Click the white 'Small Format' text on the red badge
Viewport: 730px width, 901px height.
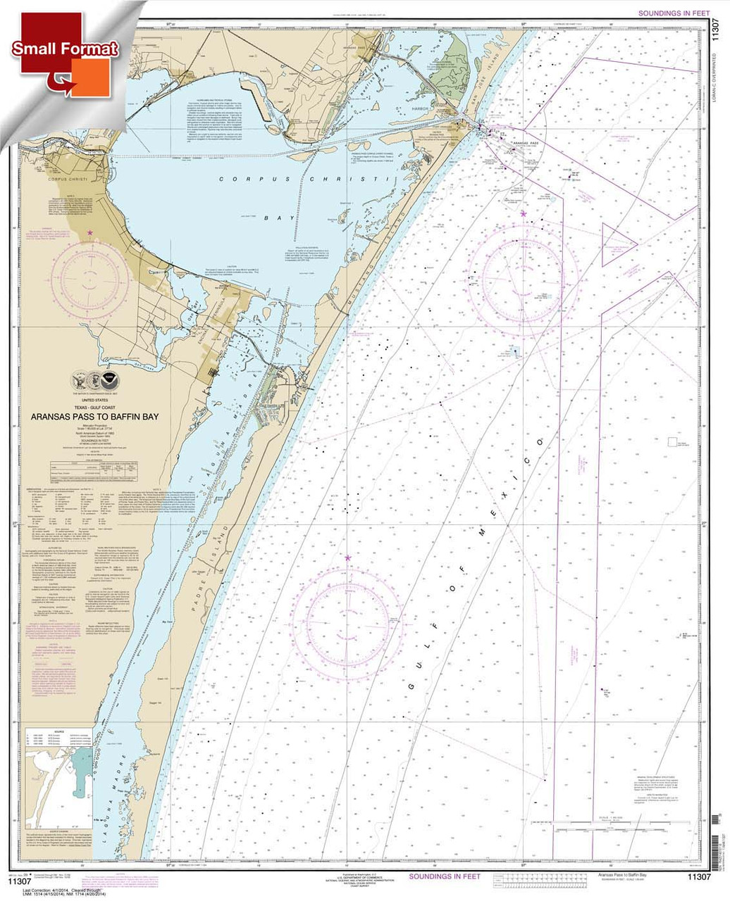coord(65,49)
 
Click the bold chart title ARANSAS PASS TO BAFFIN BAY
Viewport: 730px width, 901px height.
coord(95,417)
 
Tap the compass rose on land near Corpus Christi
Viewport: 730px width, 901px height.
coord(89,273)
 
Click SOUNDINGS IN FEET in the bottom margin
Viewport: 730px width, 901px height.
coord(444,876)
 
